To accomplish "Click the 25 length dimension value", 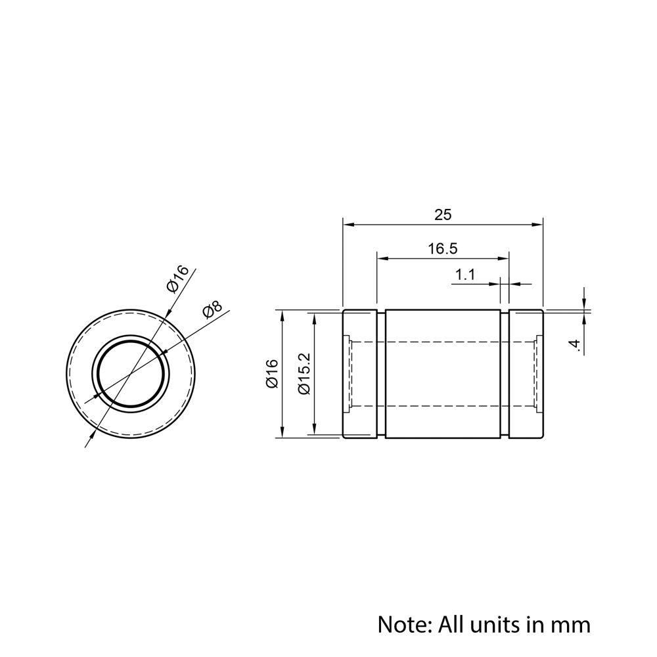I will [443, 214].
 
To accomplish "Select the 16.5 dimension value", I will [443, 249].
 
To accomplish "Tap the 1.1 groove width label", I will [464, 275].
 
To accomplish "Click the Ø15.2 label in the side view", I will [304, 374].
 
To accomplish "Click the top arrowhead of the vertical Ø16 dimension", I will [283, 314].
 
